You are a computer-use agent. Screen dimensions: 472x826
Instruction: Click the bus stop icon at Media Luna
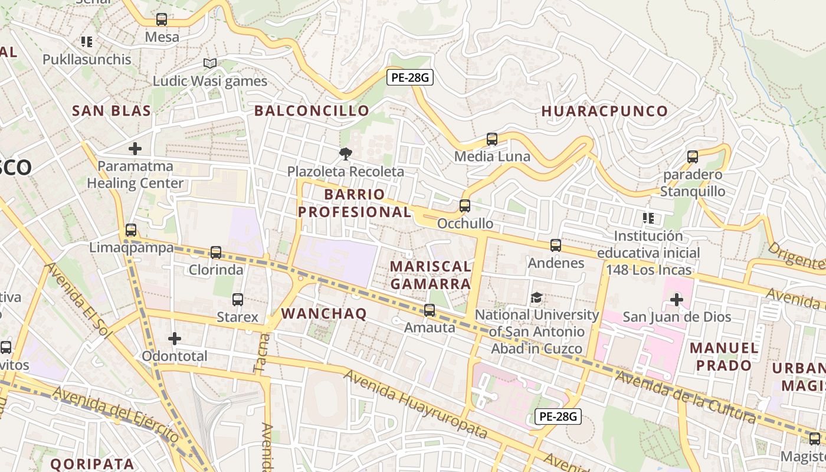point(492,139)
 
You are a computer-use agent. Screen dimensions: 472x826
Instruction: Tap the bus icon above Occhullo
point(465,206)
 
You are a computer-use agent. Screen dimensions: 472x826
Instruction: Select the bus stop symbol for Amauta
point(430,310)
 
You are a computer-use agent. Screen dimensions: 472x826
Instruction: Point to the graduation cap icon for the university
point(537,297)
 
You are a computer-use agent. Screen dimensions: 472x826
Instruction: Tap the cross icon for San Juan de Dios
point(677,300)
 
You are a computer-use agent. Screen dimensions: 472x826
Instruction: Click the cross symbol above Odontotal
point(175,339)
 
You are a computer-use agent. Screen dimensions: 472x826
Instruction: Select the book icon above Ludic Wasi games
point(210,63)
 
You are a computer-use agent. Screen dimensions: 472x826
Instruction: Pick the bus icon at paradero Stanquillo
point(693,157)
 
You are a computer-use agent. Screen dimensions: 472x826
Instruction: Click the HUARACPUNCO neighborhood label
point(605,111)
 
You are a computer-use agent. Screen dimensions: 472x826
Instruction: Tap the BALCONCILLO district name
point(312,110)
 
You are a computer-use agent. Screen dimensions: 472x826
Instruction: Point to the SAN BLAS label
point(112,110)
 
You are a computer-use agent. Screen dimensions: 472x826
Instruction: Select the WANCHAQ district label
point(324,313)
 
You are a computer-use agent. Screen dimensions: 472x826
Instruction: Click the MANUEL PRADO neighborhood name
point(724,356)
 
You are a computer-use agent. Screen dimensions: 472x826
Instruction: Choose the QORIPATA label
point(92,463)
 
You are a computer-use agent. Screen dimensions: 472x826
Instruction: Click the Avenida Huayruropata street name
point(416,404)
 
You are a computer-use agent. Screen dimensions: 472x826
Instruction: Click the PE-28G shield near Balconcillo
point(410,77)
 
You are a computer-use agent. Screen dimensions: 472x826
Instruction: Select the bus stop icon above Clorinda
point(216,253)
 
